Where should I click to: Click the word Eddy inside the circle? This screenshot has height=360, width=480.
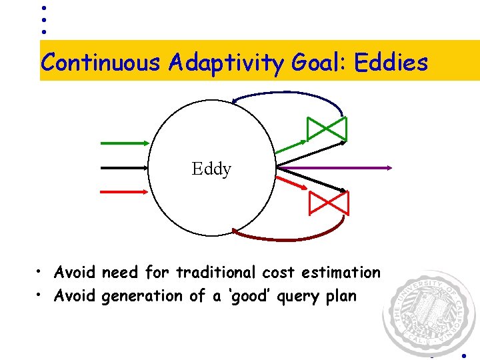[211, 169]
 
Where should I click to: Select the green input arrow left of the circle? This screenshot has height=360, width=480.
[125, 142]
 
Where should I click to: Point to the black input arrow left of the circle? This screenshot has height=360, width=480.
[125, 167]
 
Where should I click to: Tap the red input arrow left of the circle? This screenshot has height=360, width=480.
[125, 191]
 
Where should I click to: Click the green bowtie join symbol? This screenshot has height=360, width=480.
[327, 129]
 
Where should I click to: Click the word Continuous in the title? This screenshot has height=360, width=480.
[101, 63]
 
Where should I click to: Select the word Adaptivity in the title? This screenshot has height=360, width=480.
[227, 63]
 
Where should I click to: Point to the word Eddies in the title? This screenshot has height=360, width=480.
[391, 63]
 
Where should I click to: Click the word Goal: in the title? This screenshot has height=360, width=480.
[319, 63]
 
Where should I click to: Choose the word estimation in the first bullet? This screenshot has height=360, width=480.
[340, 273]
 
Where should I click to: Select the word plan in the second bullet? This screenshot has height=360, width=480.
[341, 295]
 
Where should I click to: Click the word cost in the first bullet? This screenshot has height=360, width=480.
[279, 273]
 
